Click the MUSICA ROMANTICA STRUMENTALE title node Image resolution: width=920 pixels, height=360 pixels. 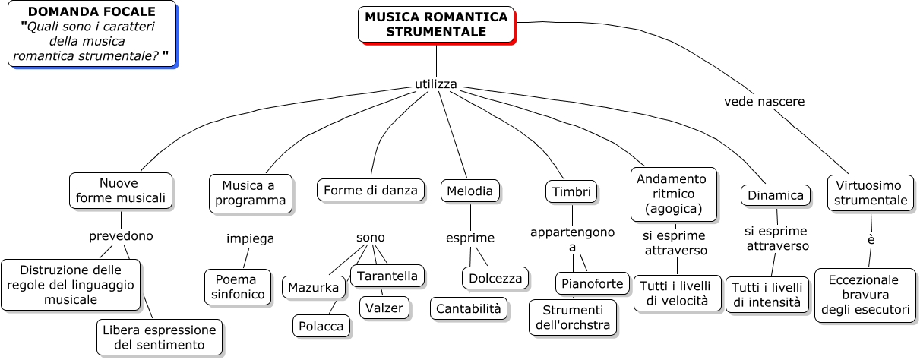[x=436, y=24]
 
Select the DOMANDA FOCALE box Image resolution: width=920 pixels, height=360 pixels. [x=91, y=33]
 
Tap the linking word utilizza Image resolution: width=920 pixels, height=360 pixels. [x=436, y=84]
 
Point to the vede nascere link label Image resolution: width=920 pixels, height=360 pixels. [x=764, y=101]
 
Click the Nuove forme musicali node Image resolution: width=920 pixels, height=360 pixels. [x=120, y=191]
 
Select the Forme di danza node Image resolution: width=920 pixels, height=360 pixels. [x=371, y=190]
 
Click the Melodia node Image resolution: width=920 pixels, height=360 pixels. [x=469, y=191]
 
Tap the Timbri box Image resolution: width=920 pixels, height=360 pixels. [x=571, y=192]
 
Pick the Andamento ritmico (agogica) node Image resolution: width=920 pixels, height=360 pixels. [x=673, y=193]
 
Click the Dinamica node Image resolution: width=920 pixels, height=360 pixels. [x=775, y=195]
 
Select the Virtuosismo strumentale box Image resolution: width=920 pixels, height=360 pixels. [x=871, y=193]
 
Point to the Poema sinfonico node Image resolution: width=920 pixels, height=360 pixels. [x=238, y=286]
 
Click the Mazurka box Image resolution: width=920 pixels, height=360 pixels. [x=314, y=287]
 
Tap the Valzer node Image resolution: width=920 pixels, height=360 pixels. [x=384, y=307]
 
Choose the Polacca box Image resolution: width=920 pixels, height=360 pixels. [x=322, y=326]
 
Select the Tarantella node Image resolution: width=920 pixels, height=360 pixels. [x=387, y=276]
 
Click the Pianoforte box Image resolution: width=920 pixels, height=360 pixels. [x=593, y=283]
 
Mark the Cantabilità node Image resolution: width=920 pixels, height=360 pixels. [x=469, y=308]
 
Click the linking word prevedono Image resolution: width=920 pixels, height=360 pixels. [x=121, y=235]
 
